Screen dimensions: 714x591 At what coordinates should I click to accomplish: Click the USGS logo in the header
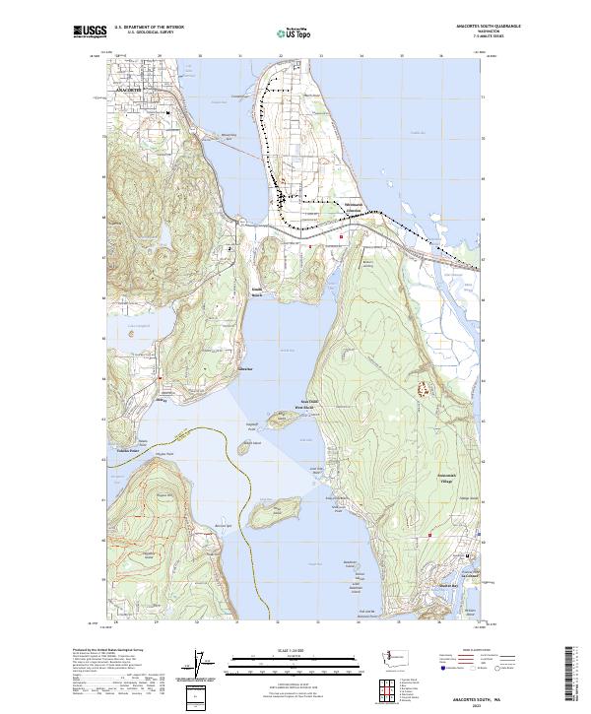coord(90,32)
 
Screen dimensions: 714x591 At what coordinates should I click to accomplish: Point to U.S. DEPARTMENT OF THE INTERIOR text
coord(149,27)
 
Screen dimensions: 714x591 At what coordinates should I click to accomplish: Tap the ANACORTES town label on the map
coord(129,89)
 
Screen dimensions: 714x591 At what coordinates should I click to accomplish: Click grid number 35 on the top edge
coord(401,56)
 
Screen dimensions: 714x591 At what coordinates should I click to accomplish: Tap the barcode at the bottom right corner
coord(570,678)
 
